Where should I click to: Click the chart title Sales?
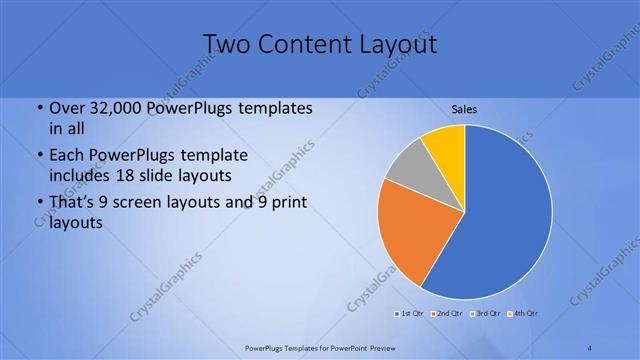tap(464, 107)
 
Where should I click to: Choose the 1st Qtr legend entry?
tap(410, 314)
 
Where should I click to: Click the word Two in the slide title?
tap(226, 44)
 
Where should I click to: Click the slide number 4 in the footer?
tap(589, 346)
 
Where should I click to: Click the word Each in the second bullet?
tap(67, 156)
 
